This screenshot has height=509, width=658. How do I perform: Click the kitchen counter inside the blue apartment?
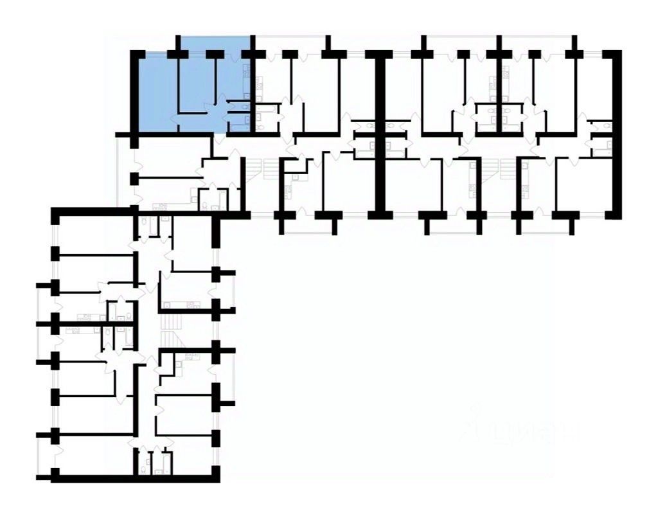point(247,84)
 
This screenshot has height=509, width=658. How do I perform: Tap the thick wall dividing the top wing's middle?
point(380,135)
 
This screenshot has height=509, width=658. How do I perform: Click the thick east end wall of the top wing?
point(618,135)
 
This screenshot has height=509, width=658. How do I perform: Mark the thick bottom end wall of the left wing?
point(135,478)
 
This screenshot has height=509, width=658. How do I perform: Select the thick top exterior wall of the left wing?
point(96,211)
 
